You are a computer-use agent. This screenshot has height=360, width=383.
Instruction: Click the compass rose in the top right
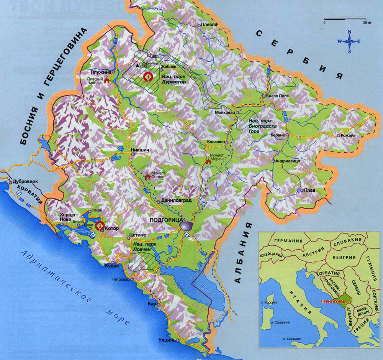click(349, 41)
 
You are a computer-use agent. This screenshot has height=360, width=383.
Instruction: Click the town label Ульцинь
click(167, 340)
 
